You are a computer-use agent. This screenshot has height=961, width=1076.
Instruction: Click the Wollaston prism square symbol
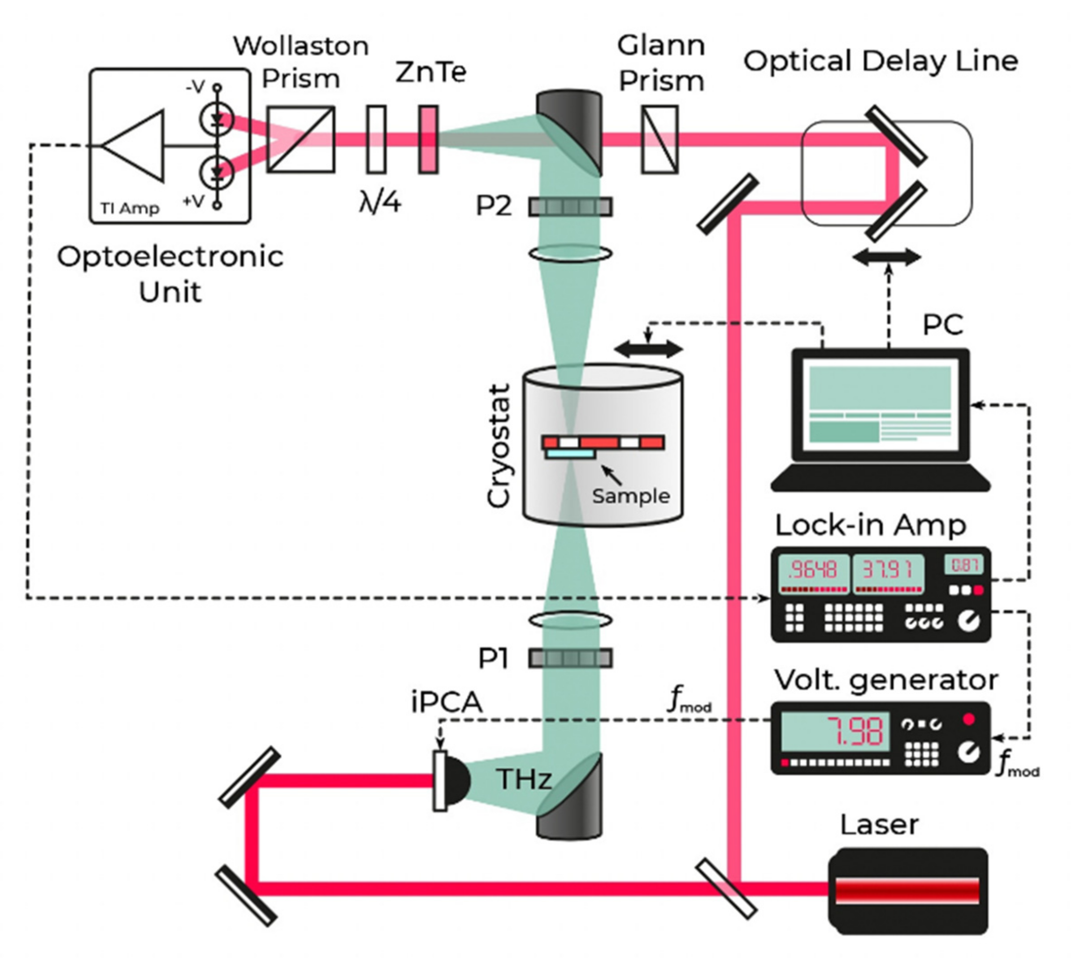click(x=300, y=139)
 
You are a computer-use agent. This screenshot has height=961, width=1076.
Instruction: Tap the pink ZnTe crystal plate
click(x=429, y=139)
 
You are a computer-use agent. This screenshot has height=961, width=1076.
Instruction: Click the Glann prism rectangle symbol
click(x=660, y=139)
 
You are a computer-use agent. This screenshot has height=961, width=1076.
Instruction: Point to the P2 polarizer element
click(x=570, y=207)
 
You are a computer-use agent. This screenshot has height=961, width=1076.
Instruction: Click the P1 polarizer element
click(x=570, y=658)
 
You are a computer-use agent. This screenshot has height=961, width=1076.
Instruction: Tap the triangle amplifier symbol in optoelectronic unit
click(x=134, y=146)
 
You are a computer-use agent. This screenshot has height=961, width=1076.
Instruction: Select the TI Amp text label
click(x=130, y=208)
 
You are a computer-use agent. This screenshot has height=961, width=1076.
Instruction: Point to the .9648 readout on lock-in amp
click(x=812, y=570)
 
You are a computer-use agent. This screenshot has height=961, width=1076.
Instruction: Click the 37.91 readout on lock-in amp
click(x=887, y=570)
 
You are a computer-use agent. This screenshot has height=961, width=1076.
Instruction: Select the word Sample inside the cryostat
click(x=631, y=496)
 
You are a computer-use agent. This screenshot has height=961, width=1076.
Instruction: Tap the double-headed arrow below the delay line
click(x=887, y=257)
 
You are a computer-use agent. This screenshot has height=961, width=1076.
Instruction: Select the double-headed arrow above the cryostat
click(x=649, y=349)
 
